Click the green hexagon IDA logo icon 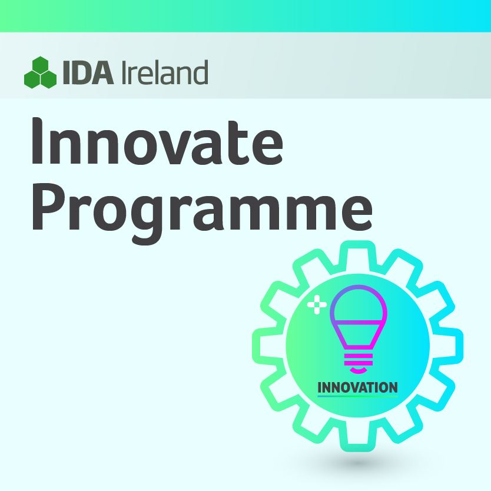(41, 72)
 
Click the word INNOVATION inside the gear (357, 387)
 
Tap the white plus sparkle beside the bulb (317, 304)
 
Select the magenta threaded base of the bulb (359, 359)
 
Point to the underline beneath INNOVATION (357, 396)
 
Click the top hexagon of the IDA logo (41, 65)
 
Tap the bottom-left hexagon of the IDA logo (32, 79)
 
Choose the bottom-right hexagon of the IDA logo (48, 79)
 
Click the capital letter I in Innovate (37, 141)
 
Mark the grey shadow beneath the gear (357, 463)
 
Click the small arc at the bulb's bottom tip (359, 371)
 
